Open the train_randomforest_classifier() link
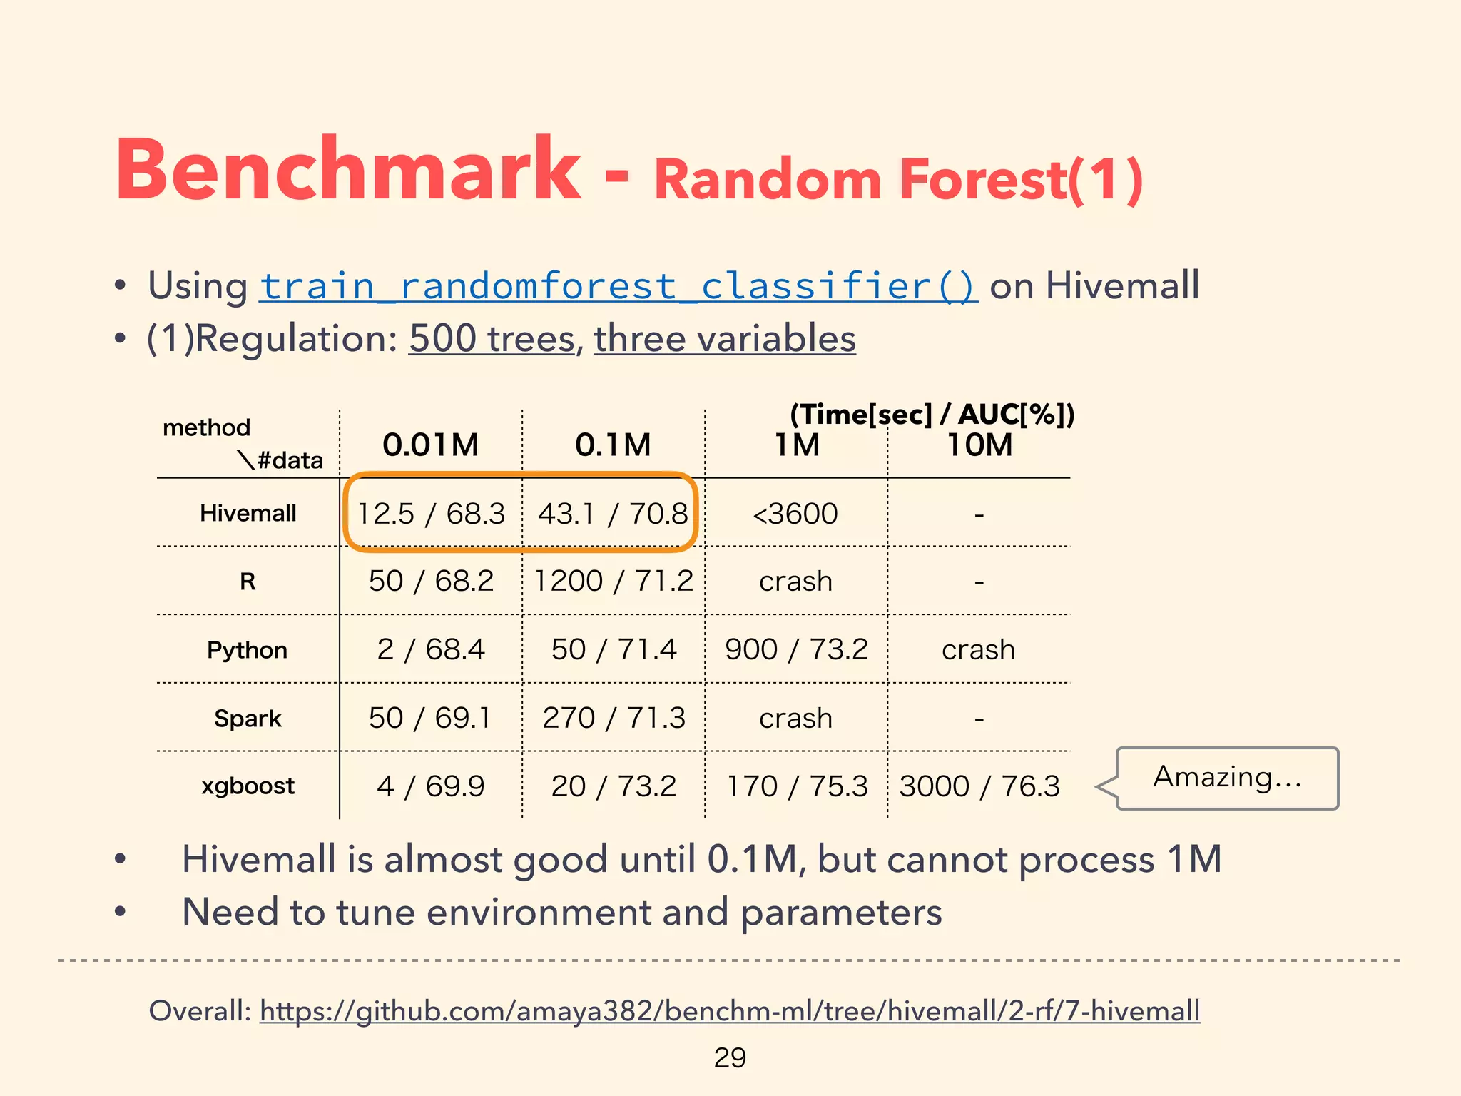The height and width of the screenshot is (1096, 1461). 618,286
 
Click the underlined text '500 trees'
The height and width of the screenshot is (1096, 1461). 492,338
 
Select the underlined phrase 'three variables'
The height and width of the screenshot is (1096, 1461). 724,338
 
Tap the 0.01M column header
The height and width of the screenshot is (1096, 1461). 430,445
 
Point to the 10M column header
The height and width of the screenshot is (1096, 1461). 979,445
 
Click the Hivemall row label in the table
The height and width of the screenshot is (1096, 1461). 248,513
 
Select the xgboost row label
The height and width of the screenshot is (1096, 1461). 248,786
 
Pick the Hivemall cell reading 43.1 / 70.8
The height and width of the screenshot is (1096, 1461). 613,513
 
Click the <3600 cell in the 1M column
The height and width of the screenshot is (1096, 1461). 795,513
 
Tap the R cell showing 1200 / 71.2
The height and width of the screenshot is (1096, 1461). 613,581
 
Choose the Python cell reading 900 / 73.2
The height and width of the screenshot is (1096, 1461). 796,649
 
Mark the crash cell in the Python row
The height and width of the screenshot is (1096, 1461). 978,649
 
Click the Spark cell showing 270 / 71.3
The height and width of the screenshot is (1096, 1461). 614,718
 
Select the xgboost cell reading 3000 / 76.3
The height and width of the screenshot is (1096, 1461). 979,786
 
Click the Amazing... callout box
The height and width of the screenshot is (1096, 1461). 1227,778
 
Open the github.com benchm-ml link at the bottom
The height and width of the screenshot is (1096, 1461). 729,1010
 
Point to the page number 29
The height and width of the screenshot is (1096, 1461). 730,1057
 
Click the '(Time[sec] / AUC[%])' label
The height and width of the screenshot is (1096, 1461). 932,414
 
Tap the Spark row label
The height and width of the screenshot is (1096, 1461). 248,718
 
